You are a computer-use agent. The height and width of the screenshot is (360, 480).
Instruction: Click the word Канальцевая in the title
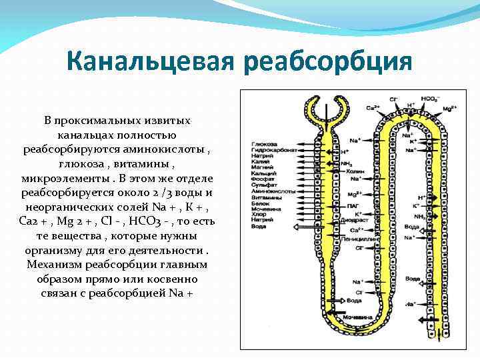pos(151,63)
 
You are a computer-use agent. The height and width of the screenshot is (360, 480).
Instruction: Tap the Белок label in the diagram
pos(259,203)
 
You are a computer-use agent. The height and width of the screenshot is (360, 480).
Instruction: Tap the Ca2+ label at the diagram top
pos(373,107)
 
